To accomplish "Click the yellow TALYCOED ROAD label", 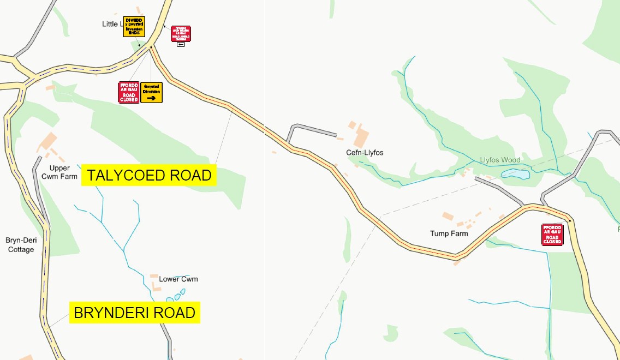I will point(149,175).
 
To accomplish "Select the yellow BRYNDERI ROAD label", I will point(134,313).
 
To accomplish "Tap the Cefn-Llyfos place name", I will point(365,153).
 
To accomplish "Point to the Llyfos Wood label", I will point(500,160).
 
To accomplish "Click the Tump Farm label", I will point(449,233).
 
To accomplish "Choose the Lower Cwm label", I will point(178,279).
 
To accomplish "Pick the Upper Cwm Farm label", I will point(59,172).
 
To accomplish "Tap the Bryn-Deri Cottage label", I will point(20,245).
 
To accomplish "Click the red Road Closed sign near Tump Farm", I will point(552,235).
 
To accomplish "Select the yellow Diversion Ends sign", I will point(134,26).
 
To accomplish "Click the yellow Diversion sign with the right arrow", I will point(151,92).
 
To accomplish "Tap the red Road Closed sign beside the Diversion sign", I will point(129,92).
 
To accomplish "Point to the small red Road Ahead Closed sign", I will point(181,33).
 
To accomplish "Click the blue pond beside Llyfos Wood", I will point(515,174).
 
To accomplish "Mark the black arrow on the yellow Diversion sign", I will point(151,98).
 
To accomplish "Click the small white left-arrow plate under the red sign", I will point(181,44).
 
